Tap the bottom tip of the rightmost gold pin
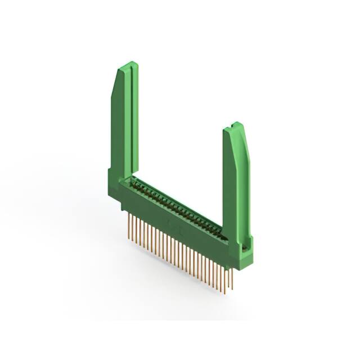coord(232,289)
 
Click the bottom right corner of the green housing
coord(250,268)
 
